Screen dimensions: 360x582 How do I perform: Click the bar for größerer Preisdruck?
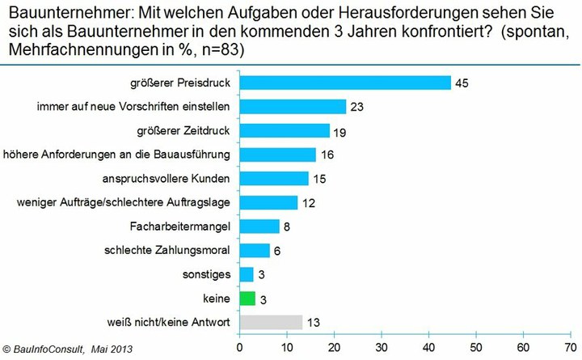[345, 83]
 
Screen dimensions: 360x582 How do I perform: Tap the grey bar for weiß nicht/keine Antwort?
[271, 322]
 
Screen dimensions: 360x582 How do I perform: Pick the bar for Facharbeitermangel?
[259, 227]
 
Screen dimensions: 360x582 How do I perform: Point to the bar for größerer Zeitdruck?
[285, 130]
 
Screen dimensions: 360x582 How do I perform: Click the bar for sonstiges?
[247, 274]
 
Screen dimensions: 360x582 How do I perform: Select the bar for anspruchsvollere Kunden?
[274, 178]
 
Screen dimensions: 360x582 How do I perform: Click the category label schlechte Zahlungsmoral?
[168, 251]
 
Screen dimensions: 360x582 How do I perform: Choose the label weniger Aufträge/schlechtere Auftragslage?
[123, 202]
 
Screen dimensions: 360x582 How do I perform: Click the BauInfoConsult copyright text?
[66, 349]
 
